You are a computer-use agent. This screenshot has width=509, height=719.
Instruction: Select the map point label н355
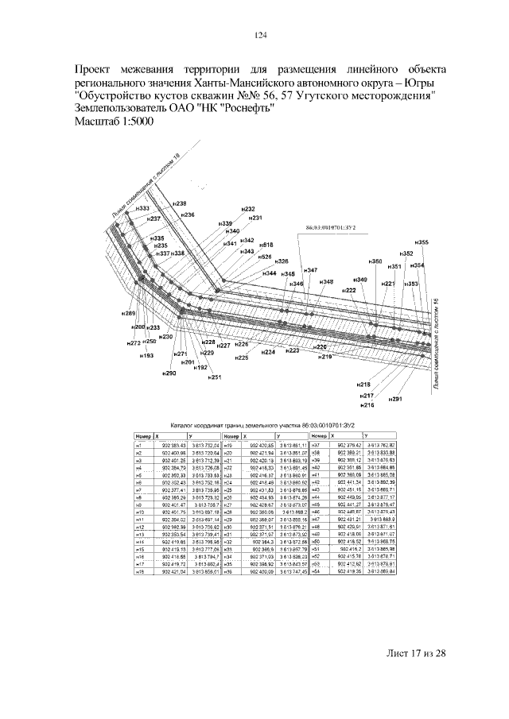pyautogui.click(x=422, y=242)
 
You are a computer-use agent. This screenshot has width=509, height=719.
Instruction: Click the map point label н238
pyautogui.click(x=180, y=204)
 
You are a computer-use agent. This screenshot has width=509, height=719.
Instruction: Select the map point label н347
pyautogui.click(x=310, y=271)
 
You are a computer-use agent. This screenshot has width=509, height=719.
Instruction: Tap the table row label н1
pyautogui.click(x=138, y=446)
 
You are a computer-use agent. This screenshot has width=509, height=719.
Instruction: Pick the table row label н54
pyautogui.click(x=315, y=570)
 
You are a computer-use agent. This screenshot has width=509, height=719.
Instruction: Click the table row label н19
pyautogui.click(x=227, y=446)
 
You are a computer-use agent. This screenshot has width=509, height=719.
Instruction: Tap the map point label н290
pyautogui.click(x=169, y=373)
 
